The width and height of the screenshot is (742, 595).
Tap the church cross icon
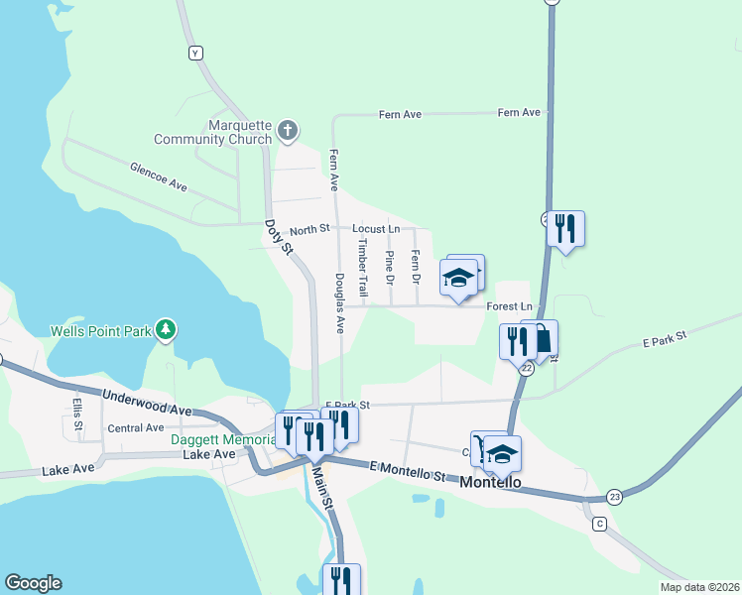(288, 130)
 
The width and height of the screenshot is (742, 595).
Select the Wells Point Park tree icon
(167, 329)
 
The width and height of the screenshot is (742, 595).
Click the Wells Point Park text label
(100, 330)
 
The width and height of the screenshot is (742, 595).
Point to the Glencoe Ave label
(159, 177)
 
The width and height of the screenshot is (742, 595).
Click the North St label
(309, 230)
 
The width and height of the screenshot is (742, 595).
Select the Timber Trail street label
(363, 268)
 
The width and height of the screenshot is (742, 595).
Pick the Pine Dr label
(390, 268)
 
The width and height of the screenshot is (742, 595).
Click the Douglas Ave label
(339, 302)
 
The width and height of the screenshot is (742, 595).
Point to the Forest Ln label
(510, 306)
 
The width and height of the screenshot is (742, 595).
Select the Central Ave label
(136, 428)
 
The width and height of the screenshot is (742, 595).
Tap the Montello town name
(492, 482)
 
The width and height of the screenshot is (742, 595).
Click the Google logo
(33, 583)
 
